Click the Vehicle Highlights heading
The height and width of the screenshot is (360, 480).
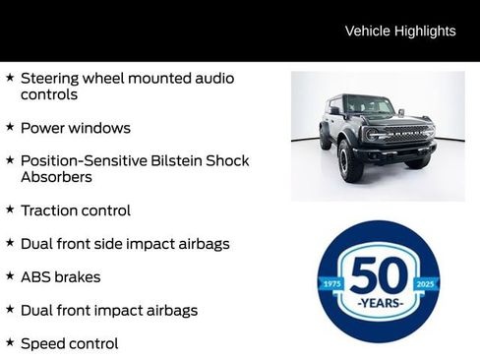point(400,31)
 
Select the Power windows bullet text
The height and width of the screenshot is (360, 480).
point(76,128)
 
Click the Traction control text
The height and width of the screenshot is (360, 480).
point(76,210)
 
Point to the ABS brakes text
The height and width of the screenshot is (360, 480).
point(61,277)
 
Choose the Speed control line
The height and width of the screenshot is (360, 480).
point(69,343)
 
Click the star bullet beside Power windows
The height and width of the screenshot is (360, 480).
point(10,127)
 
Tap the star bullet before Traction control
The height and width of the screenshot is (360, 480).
point(10,210)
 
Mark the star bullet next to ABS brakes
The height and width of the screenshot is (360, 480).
point(10,276)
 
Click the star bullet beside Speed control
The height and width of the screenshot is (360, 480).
point(10,342)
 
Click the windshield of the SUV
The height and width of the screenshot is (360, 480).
point(368,105)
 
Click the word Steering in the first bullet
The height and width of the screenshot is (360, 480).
point(53,78)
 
